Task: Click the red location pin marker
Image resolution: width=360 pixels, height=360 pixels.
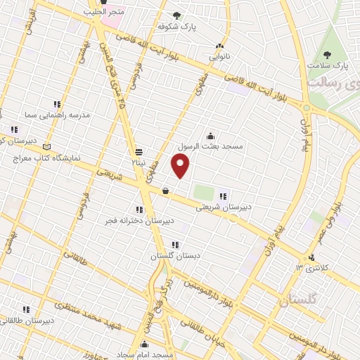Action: pos(181,166)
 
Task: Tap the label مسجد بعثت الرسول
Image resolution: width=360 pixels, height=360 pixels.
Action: pos(211,146)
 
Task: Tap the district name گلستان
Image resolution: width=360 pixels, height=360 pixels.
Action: pos(298,300)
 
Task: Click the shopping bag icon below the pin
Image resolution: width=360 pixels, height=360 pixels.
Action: pos(165,191)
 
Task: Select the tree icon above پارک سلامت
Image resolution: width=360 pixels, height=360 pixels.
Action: pos(326,55)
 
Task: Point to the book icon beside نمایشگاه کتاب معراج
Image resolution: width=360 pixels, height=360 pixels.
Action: pos(47,147)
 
